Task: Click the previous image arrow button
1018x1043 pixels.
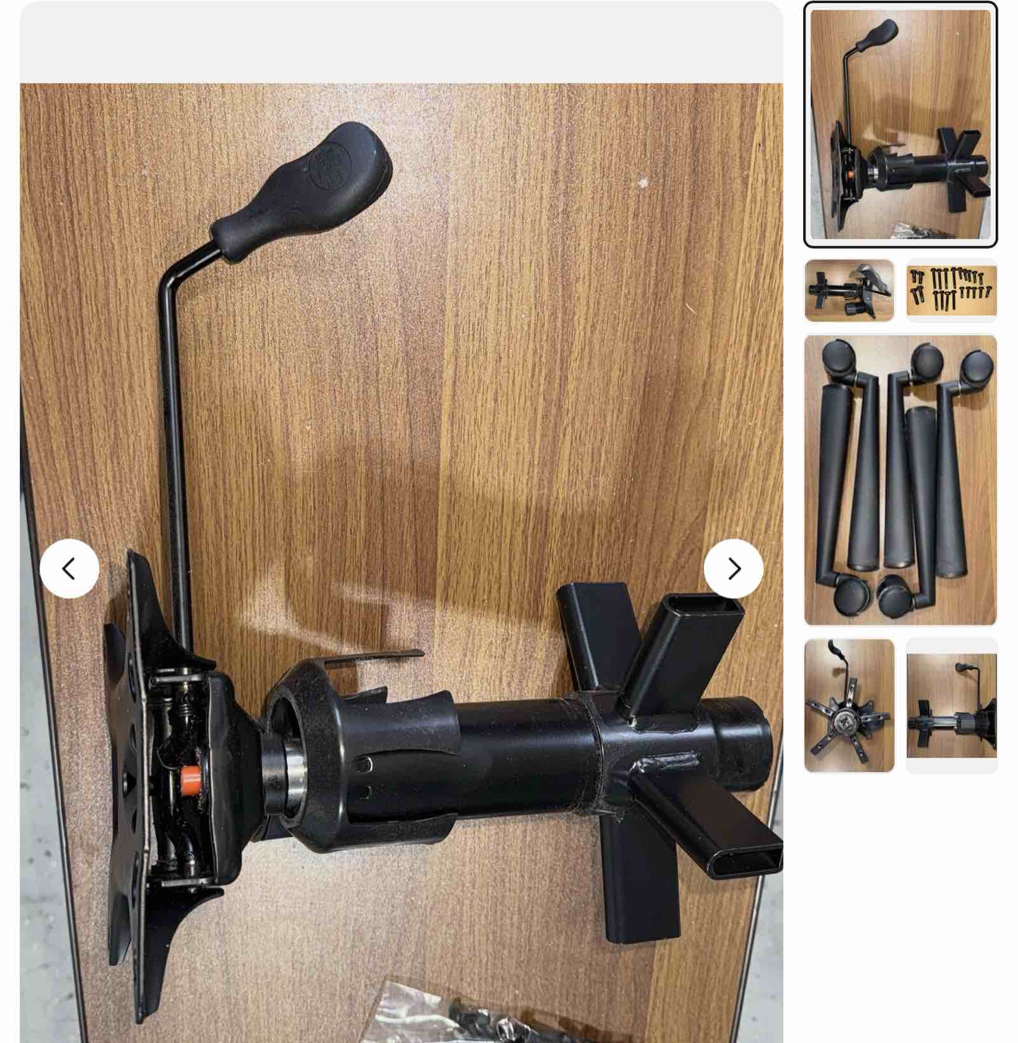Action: [x=69, y=569]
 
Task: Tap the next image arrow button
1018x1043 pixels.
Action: [x=733, y=569]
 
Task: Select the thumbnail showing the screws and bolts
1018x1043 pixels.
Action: [x=951, y=291]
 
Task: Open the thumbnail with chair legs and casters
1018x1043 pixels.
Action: [x=900, y=480]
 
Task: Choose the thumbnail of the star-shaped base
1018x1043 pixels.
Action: [x=849, y=705]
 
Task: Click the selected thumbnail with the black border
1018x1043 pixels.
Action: [x=900, y=125]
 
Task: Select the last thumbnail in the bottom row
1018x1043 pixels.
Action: [x=951, y=705]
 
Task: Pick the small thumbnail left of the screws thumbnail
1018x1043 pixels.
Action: [x=849, y=291]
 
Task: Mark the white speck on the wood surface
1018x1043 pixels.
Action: [x=643, y=183]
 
